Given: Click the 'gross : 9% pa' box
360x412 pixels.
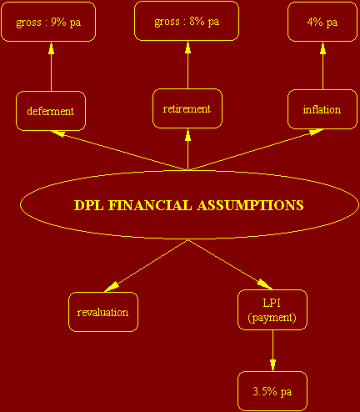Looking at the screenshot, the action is click(x=48, y=22).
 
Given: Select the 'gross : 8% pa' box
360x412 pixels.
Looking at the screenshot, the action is click(x=187, y=21).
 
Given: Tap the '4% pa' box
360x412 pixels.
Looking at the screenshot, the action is click(x=322, y=22).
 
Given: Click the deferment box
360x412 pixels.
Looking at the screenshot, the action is click(x=51, y=111).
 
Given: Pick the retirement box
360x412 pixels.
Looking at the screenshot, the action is click(x=187, y=108).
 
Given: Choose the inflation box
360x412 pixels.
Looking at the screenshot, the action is click(x=322, y=109).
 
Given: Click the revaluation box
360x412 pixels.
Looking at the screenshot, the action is click(x=103, y=312).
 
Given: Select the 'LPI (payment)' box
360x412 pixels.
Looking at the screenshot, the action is click(x=272, y=310).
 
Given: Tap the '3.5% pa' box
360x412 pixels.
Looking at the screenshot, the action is click(x=272, y=391).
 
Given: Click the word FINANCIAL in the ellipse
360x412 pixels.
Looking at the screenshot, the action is click(x=150, y=205).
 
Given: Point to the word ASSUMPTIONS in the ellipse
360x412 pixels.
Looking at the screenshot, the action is click(x=251, y=205).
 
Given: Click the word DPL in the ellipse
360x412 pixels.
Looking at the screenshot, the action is click(x=89, y=205).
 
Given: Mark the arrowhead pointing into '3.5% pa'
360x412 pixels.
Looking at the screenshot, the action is click(x=272, y=365).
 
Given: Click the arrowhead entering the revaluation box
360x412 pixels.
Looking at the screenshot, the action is click(x=112, y=287).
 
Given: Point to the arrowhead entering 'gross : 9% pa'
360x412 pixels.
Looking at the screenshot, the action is click(x=51, y=48).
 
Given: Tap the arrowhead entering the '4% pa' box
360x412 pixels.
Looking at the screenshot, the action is click(x=322, y=48).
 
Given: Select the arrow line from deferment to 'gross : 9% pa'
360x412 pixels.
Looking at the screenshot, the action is click(x=51, y=67).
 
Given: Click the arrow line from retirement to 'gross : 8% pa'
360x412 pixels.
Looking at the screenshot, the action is click(x=188, y=65).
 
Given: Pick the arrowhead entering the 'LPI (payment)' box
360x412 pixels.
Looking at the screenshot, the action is click(x=264, y=284).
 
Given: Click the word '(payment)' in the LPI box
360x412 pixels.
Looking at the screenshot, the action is click(x=272, y=318).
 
